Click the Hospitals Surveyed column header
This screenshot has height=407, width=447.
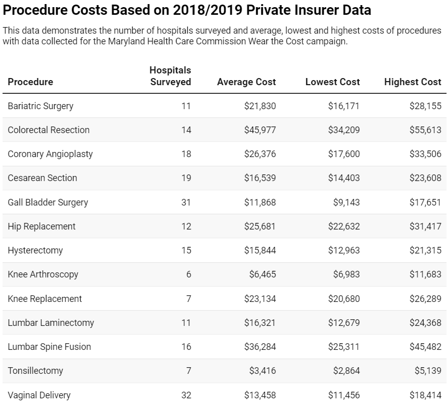170,76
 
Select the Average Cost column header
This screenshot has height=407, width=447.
246,82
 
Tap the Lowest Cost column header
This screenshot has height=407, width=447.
332,82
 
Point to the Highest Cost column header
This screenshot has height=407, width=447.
412,82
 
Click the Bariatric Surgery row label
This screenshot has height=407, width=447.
40,106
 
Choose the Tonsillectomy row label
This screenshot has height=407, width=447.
35,371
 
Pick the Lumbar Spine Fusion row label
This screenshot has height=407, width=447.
49,347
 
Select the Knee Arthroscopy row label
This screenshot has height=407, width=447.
43,274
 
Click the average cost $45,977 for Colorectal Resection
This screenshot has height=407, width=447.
260,130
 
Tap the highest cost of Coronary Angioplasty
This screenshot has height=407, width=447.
425,154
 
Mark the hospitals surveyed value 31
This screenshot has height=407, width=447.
186,202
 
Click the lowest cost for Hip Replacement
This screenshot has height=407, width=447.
343,226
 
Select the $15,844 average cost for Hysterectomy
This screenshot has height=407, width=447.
260,250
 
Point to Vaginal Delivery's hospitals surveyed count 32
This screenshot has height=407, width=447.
186,395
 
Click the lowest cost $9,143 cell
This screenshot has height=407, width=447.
346,202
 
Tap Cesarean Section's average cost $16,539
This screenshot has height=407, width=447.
260,178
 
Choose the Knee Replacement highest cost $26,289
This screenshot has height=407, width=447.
425,298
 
